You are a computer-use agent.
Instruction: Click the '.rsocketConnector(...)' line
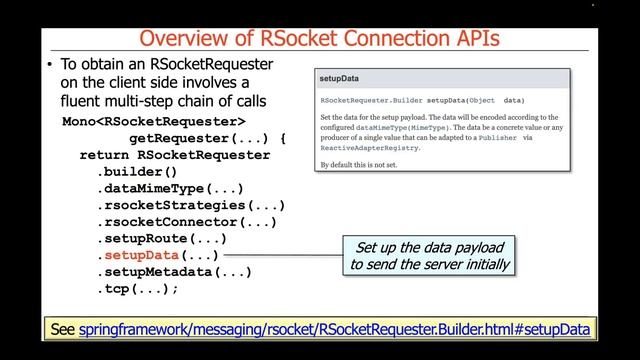point(186,222)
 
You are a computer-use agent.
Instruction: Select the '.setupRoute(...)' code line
point(161,239)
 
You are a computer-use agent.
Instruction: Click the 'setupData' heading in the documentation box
point(339,78)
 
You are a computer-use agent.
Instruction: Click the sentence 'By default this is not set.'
point(371,163)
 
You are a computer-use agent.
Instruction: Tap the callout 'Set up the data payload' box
point(430,256)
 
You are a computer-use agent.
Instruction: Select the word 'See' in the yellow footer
point(62,328)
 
